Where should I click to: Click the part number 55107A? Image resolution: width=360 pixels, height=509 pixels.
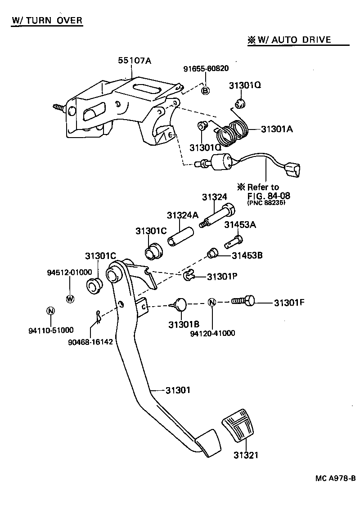tap(135, 61)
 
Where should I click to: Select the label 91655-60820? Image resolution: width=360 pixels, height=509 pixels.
tap(206, 69)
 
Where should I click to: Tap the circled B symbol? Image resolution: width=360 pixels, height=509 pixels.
tap(205, 90)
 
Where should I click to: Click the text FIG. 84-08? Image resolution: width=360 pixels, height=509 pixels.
tap(269, 195)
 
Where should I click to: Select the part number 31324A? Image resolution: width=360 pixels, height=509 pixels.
tap(183, 215)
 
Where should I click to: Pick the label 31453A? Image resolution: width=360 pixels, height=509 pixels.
tap(240, 225)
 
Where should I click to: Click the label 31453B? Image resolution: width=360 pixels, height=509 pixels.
tap(247, 255)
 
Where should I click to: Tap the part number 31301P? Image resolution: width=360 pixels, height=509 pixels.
tap(222, 277)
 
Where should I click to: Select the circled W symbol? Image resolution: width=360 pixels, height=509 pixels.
tap(70, 298)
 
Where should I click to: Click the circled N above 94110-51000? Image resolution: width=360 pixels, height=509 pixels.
tap(50, 311)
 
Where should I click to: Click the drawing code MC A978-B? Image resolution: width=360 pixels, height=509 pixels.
tap(335, 478)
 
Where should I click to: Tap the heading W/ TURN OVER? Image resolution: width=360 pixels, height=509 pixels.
tap(47, 20)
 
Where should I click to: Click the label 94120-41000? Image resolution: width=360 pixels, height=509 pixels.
tap(212, 333)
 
